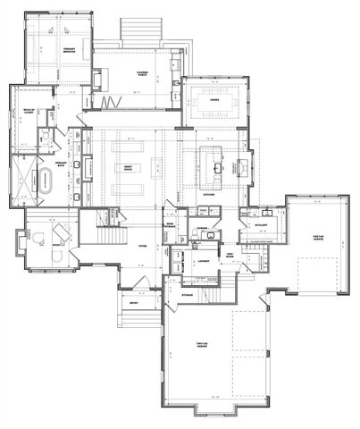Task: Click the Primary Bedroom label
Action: coord(61,52)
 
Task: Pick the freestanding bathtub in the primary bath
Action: coord(43,187)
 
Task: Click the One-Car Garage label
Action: coord(316,237)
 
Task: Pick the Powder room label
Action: coord(204,227)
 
